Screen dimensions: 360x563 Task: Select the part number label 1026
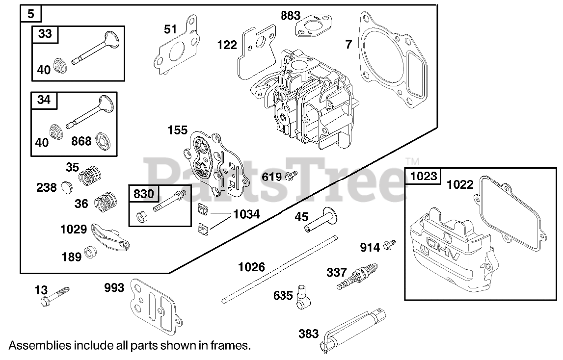(251, 267)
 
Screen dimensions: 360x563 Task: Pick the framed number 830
(143, 194)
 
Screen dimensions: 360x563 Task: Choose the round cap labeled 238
(68, 187)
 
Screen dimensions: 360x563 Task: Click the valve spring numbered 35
(92, 174)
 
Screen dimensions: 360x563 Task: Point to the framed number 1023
(423, 176)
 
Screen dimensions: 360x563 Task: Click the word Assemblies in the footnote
(39, 345)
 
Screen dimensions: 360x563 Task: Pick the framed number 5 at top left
(31, 14)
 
